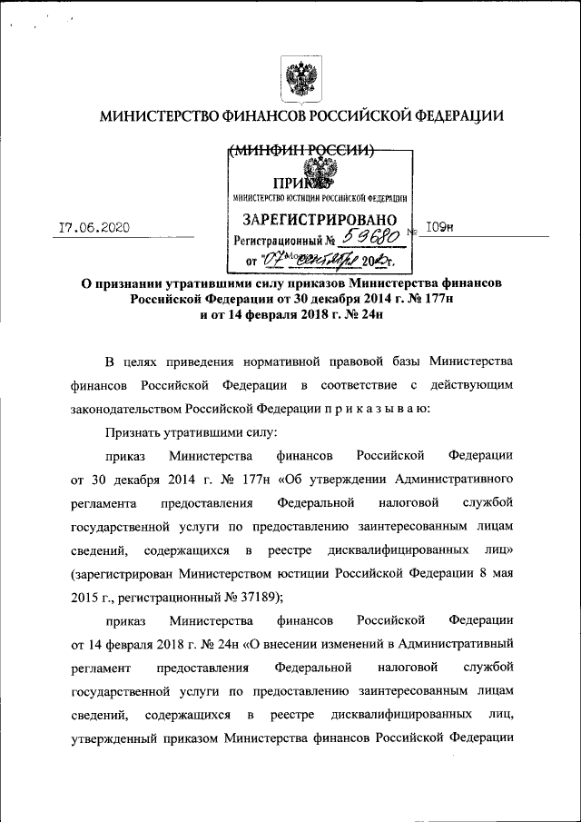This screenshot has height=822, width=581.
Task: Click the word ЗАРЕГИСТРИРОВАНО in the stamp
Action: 320,221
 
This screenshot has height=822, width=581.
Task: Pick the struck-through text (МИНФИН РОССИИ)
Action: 300,151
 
